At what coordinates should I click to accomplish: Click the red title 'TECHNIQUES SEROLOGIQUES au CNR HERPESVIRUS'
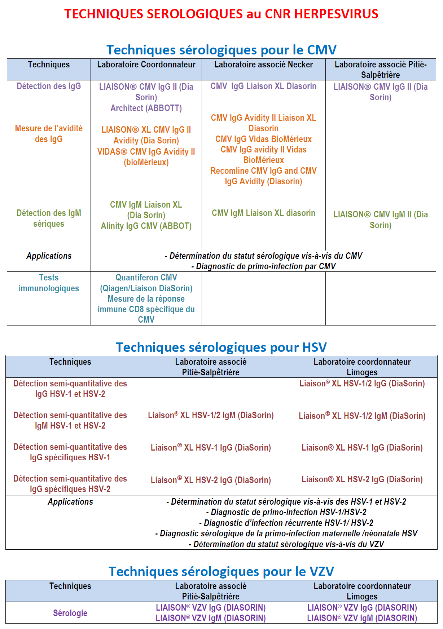click(221, 14)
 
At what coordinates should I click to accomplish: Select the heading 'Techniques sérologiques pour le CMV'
click(221, 50)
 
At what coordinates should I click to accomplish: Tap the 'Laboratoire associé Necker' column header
click(263, 65)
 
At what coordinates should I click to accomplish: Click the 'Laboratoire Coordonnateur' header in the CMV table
click(146, 65)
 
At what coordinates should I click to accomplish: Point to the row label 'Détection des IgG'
click(49, 86)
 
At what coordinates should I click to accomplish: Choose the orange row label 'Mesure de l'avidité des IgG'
click(49, 134)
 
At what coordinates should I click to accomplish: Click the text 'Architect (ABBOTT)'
click(146, 108)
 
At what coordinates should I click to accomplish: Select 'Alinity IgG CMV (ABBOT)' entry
click(146, 226)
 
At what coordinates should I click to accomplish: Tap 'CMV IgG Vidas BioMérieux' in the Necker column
click(263, 139)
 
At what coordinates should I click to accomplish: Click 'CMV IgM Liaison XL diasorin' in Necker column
click(263, 213)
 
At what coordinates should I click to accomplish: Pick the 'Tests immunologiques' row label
click(49, 283)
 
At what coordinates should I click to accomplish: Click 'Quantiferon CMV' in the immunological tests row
click(146, 278)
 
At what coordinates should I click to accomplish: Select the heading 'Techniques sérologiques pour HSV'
click(221, 347)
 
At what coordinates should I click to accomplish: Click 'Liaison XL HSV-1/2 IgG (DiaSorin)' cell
click(362, 384)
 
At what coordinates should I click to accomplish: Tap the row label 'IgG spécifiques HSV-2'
click(70, 489)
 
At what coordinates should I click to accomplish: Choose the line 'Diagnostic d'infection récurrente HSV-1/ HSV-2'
click(286, 523)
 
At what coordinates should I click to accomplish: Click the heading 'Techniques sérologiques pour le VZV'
click(221, 571)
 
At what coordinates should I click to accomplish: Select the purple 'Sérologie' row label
click(70, 613)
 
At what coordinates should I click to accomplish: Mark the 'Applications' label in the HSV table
click(70, 502)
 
